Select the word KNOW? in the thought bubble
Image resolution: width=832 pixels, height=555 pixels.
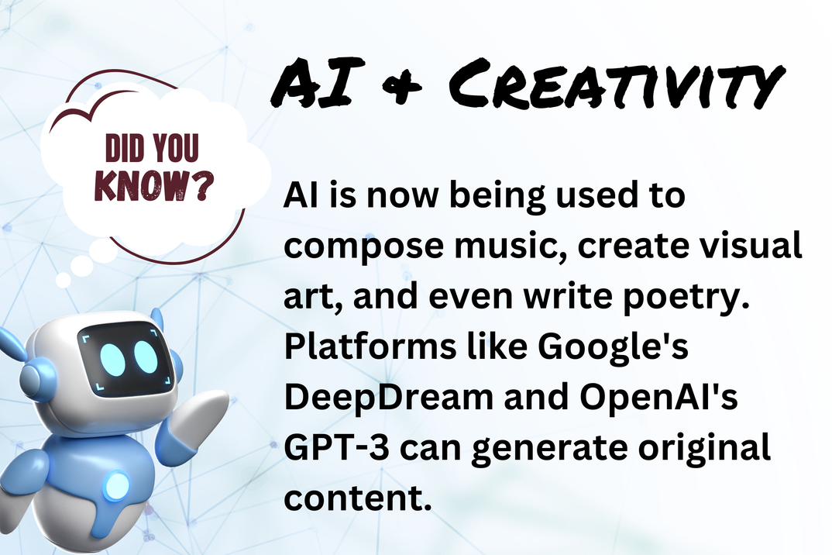[x=154, y=185]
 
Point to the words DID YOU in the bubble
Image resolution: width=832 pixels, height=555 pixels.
[x=153, y=147]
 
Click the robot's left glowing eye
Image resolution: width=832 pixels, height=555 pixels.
[x=113, y=360]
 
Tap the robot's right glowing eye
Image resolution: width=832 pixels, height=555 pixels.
[x=146, y=355]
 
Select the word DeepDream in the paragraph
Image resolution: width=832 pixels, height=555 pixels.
[x=389, y=398]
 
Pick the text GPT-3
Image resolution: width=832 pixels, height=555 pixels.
[x=337, y=447]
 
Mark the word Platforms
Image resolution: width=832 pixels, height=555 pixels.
[x=370, y=346]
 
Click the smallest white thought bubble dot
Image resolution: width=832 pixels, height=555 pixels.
[x=64, y=280]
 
